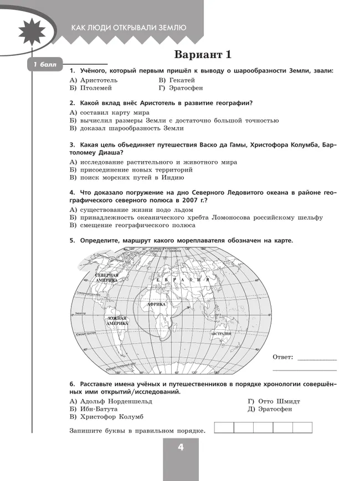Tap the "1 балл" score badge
pyautogui.click(x=45, y=66)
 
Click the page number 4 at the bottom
pyautogui.click(x=181, y=448)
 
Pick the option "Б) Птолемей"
pyautogui.click(x=91, y=87)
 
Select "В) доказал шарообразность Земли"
pyautogui.click(x=126, y=128)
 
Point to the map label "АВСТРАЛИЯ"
pyautogui.click(x=220, y=335)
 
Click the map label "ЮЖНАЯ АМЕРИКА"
pyautogui.click(x=117, y=320)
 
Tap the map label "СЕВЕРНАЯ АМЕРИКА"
pyautogui.click(x=107, y=277)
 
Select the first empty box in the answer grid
pyautogui.click(x=223, y=427)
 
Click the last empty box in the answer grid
pyautogui.click(x=302, y=427)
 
